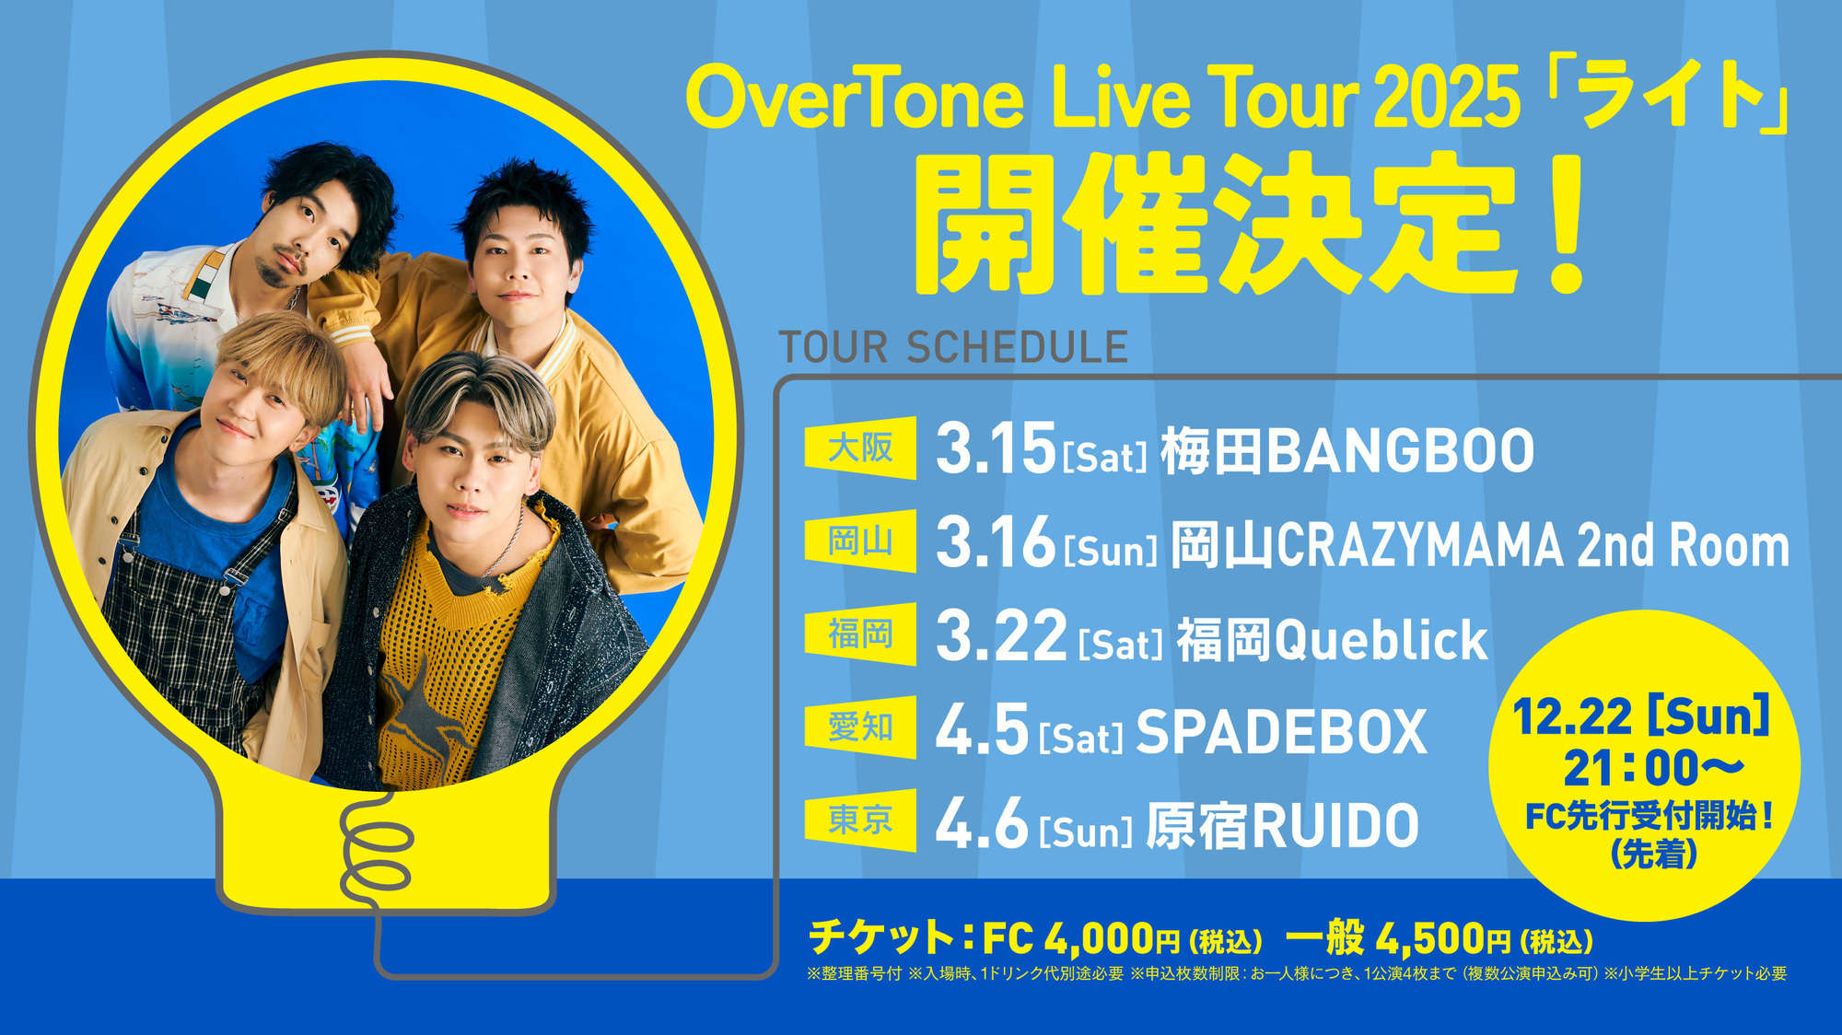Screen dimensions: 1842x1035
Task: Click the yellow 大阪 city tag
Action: [860, 448]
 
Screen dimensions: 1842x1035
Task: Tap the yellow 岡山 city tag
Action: [860, 541]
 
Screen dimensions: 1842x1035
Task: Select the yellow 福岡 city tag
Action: [860, 634]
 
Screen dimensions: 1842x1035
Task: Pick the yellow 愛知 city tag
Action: [860, 727]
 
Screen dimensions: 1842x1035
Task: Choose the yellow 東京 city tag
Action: [860, 820]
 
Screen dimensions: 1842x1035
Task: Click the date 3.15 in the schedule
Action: [996, 449]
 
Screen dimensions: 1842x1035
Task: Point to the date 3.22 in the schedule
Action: [1001, 636]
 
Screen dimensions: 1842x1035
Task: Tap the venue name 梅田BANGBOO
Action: [1347, 451]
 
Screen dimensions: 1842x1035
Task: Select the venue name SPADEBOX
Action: [1281, 733]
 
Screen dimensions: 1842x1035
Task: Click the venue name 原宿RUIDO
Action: [1283, 826]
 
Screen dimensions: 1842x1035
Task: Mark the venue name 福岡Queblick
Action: [1333, 639]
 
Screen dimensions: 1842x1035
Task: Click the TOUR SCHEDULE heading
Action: [953, 348]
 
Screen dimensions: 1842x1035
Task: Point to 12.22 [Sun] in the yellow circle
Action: [1641, 716]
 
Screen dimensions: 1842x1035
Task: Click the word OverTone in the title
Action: [855, 98]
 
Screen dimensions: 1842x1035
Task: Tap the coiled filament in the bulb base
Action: [376, 847]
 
